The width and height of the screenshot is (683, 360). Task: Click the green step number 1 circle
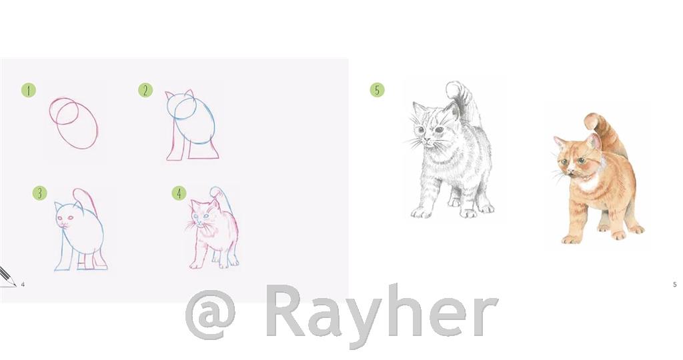[28, 90]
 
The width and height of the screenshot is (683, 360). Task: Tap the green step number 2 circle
[145, 90]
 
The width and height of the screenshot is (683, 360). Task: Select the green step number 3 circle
[39, 193]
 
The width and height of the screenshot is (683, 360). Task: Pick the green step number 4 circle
[179, 193]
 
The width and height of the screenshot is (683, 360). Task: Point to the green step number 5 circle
[377, 89]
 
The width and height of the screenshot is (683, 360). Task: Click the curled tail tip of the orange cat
[590, 121]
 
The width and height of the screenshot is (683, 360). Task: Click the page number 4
[23, 285]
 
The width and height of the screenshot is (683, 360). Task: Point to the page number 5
[674, 285]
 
